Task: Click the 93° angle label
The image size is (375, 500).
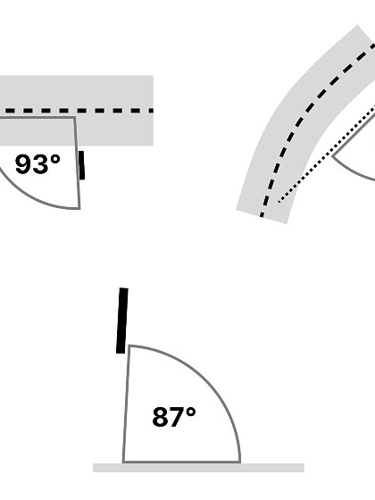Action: coord(37,164)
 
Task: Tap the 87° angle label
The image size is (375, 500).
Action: coord(174,417)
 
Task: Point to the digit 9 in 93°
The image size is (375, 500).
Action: coord(23,164)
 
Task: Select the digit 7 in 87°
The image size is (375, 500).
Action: coord(176,417)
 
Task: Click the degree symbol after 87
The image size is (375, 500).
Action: coord(191,412)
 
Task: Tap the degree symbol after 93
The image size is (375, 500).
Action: coord(55,159)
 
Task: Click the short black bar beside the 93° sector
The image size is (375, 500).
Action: coord(81,165)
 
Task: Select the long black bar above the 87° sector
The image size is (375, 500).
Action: coord(122,321)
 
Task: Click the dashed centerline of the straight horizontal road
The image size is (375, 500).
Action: coord(77,111)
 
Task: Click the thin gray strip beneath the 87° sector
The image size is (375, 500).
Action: coord(198,468)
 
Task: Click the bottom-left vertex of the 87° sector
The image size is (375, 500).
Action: coord(123,462)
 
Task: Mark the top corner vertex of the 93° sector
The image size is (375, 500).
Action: coord(75,117)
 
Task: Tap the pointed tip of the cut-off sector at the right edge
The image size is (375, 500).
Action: coord(332,156)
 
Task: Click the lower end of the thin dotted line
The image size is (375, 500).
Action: coord(279,202)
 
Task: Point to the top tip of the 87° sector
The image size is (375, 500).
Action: coord(129,346)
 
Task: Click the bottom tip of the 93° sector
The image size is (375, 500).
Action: coord(79,209)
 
